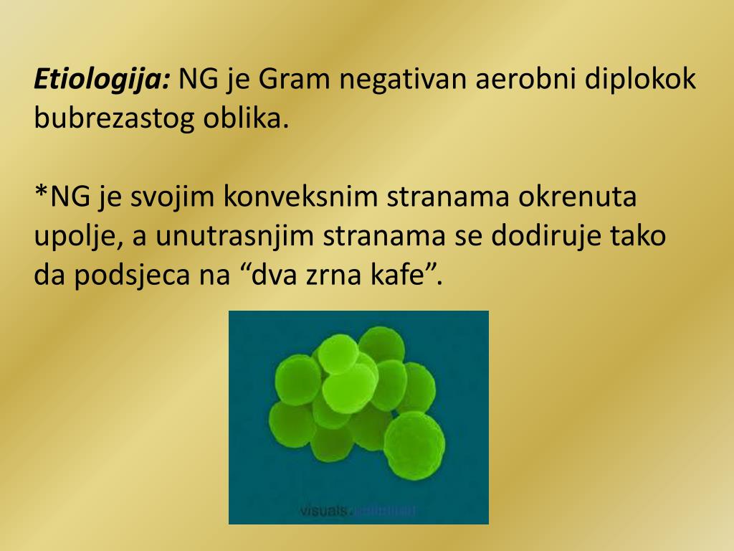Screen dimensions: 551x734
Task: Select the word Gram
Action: (294, 78)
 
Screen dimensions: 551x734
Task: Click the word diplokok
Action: (640, 78)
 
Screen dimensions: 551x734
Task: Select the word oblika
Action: (244, 118)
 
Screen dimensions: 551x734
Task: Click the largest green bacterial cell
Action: (414, 444)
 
